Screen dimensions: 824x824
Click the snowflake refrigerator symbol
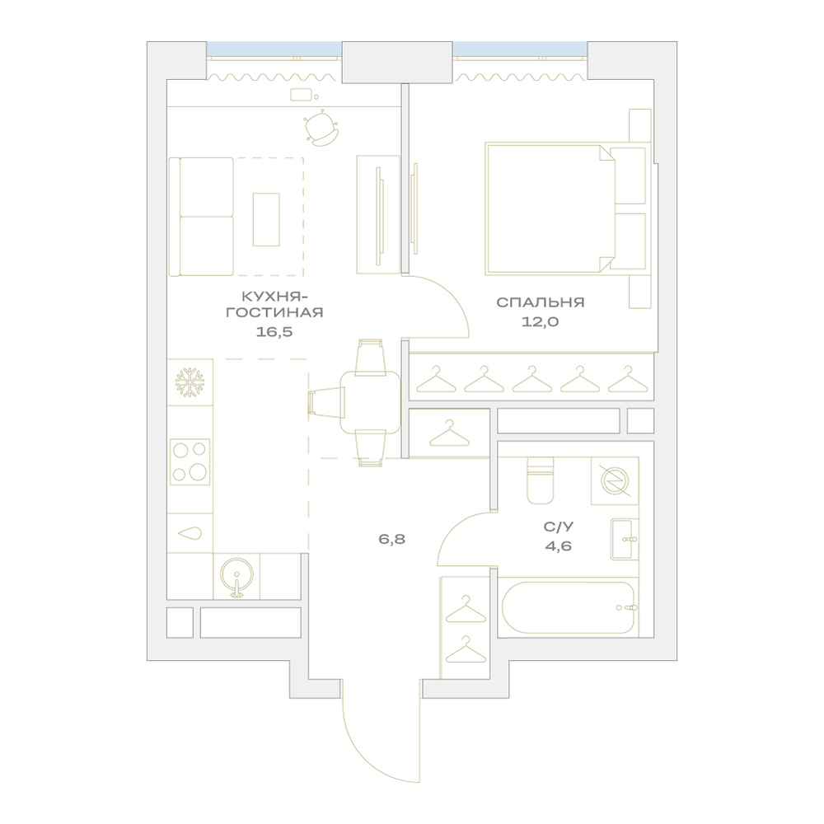click(190, 382)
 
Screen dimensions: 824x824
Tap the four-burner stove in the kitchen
click(190, 461)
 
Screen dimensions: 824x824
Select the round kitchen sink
click(236, 577)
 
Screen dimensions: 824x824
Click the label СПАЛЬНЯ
click(541, 302)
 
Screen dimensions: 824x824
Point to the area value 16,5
click(274, 331)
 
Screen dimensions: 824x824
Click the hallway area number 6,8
click(392, 539)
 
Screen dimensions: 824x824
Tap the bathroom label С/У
click(558, 527)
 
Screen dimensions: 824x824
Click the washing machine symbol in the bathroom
click(615, 481)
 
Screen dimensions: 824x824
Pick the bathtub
click(568, 607)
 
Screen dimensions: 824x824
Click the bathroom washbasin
click(625, 539)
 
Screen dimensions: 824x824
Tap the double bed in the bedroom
click(565, 208)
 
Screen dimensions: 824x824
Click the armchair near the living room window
click(320, 128)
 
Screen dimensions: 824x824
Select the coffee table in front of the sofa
click(266, 219)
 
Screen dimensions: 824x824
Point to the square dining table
click(370, 402)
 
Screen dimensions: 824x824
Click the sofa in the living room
click(201, 217)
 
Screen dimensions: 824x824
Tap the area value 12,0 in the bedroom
click(540, 322)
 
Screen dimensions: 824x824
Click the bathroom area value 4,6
click(558, 546)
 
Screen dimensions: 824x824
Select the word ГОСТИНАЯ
click(274, 312)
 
